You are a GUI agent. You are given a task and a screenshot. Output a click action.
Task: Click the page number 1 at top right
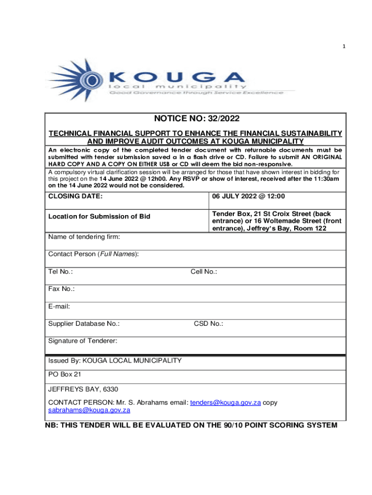click(x=344, y=46)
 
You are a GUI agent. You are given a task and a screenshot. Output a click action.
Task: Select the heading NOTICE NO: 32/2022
click(x=196, y=118)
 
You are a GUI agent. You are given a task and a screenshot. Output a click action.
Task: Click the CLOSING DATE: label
click(x=75, y=196)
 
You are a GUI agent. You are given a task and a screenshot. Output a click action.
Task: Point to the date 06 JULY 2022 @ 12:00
click(x=249, y=196)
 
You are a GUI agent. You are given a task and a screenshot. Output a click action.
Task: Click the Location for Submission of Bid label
click(x=99, y=216)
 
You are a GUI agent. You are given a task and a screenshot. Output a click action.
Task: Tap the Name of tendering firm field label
click(x=84, y=237)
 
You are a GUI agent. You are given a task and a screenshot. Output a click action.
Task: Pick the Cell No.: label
click(x=204, y=272)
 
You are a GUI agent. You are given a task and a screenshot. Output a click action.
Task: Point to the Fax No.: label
click(x=61, y=289)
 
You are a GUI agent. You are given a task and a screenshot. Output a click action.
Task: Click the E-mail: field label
click(x=59, y=306)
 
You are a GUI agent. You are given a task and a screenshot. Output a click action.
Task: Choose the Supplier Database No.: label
click(x=84, y=324)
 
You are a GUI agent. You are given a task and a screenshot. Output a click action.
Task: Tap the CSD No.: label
click(x=208, y=324)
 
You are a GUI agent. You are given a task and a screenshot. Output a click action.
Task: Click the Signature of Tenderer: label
click(x=83, y=341)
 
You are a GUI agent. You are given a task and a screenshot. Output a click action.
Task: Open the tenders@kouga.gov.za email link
click(x=226, y=402)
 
